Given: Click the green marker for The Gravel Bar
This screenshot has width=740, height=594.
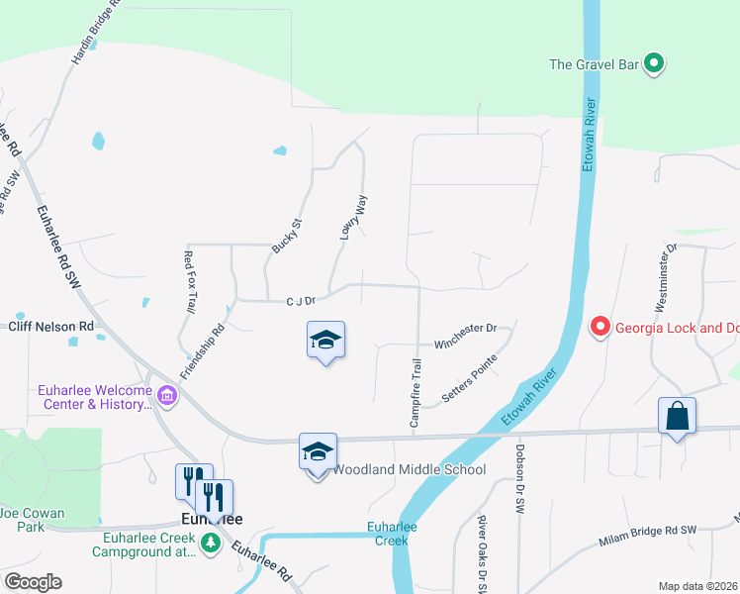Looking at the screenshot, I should pyautogui.click(x=653, y=64).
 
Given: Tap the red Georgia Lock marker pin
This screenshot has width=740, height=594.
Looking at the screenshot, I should pyautogui.click(x=599, y=326).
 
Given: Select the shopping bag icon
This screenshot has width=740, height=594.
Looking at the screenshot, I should pyautogui.click(x=678, y=416).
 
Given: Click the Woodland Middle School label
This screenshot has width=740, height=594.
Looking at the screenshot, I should pyautogui.click(x=409, y=469).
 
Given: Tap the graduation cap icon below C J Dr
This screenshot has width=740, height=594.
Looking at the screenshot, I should pyautogui.click(x=325, y=341).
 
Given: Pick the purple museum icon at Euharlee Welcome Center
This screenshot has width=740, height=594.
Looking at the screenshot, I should pyautogui.click(x=167, y=397).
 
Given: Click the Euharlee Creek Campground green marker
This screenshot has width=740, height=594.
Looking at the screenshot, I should pyautogui.click(x=210, y=543).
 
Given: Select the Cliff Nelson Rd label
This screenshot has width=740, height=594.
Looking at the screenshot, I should pyautogui.click(x=50, y=326).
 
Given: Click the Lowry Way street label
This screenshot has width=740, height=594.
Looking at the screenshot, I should pyautogui.click(x=354, y=217).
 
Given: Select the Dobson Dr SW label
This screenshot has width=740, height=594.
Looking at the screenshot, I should pyautogui.click(x=519, y=478).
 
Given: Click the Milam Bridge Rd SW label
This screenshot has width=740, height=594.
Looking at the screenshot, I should pyautogui.click(x=648, y=536).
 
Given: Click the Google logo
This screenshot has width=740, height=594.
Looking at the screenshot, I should pyautogui.click(x=33, y=582).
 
